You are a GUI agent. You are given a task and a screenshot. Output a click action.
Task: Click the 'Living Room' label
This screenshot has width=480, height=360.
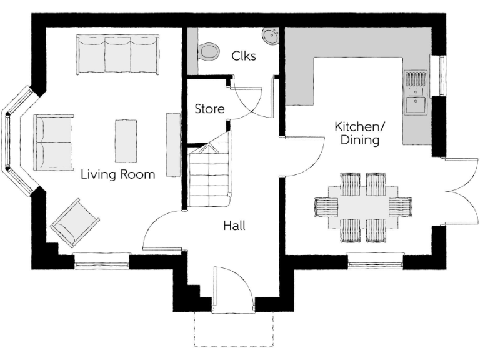pos(118,174)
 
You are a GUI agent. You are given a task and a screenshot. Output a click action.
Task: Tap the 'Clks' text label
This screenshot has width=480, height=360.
pos(243,55)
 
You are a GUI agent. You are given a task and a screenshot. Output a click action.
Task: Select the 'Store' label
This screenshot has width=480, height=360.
pos(209,109)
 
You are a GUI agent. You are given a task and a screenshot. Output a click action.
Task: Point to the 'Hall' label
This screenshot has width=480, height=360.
pos(234,226)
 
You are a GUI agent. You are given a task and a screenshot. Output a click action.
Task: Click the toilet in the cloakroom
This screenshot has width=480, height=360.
pos(209,50)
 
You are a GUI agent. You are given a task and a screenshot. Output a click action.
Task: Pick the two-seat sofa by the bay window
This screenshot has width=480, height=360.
pos(54,142)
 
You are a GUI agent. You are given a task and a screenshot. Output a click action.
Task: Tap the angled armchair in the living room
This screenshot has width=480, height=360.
pos(76,222)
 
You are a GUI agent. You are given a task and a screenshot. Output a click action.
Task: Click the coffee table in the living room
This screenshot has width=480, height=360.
pos(126,141)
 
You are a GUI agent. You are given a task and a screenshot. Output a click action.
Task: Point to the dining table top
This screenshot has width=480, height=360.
pos(362,207)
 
